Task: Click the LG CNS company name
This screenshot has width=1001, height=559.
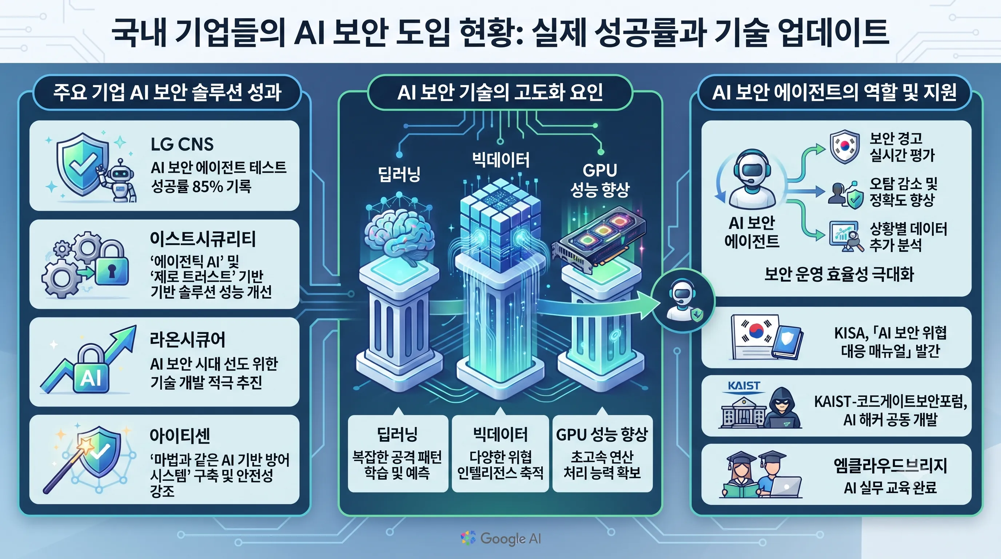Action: coord(182,144)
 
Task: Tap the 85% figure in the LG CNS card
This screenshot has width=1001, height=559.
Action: coord(207,187)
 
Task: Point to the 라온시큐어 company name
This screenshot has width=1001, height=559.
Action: coord(188,339)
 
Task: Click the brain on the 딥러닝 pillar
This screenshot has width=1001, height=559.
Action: coord(399,233)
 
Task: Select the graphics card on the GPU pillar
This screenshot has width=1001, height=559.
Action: coord(599,239)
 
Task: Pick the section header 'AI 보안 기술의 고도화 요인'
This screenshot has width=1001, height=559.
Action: coord(500,92)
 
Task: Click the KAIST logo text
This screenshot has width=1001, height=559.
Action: coord(744,386)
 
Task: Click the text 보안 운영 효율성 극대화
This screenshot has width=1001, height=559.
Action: coord(839,274)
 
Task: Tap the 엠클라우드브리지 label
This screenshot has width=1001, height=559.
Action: coord(890,466)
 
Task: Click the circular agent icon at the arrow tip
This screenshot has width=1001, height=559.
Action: coord(683,301)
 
